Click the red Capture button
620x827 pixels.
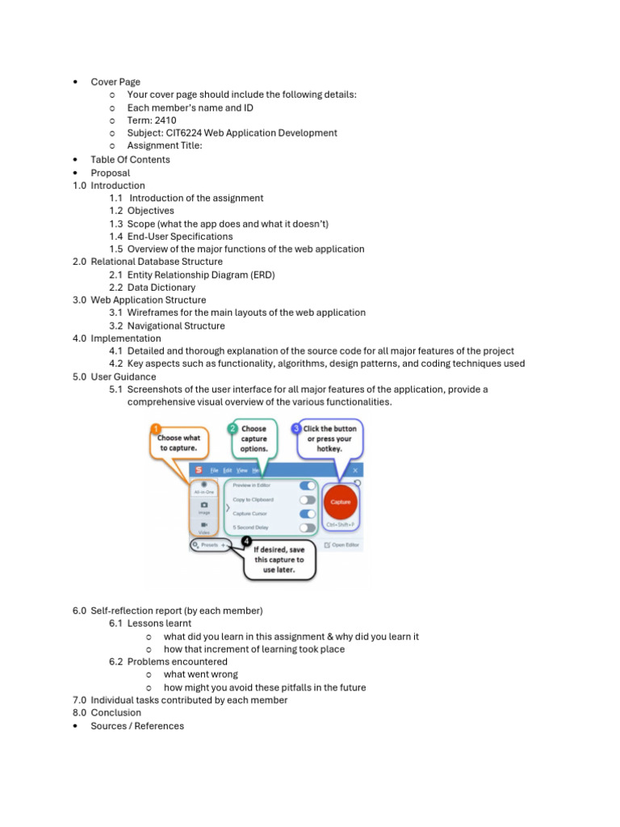pos(341,502)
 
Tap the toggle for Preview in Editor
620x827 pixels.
pos(307,485)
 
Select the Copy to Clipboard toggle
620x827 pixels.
pos(307,499)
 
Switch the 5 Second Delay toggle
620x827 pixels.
pos(307,527)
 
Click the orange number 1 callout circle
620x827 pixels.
pos(157,429)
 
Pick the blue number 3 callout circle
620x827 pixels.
pos(296,428)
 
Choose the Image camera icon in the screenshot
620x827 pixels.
pos(203,505)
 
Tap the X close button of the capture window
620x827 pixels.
pos(355,470)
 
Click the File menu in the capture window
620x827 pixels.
pos(215,470)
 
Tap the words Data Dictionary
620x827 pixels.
pos(161,288)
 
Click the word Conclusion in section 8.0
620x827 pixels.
pos(115,713)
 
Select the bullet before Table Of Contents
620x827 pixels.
pos(75,160)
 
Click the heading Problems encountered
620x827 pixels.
pos(177,661)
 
